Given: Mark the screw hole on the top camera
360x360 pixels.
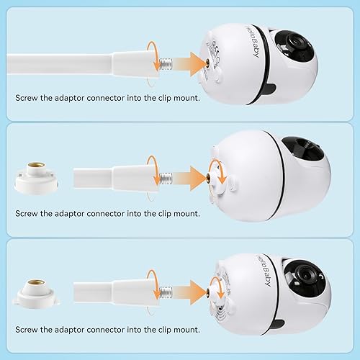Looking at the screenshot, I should (209, 63).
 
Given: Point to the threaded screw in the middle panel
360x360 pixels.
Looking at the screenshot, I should (168, 176).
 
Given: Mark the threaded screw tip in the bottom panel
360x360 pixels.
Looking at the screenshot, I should (167, 292).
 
